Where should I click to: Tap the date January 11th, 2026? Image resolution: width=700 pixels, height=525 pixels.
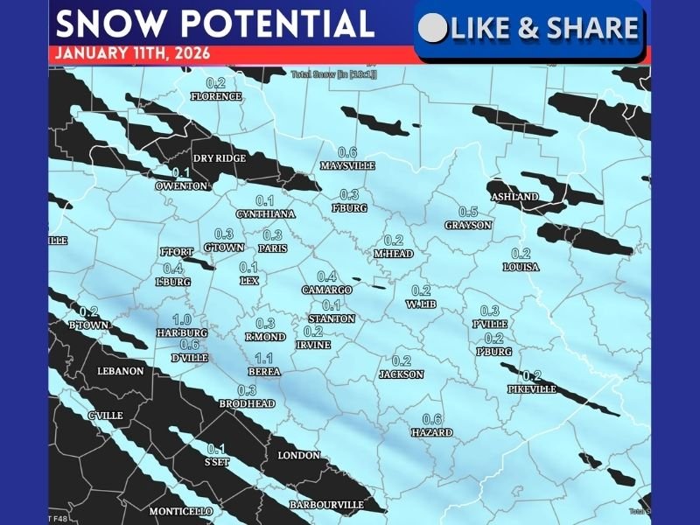point(131,52)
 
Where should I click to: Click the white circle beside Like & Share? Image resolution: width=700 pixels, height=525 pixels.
point(432,29)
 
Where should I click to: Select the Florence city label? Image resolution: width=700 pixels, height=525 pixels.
point(215,96)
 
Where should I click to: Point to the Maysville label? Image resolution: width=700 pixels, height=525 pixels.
point(347,165)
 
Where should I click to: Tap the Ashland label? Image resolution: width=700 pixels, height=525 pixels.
point(514,197)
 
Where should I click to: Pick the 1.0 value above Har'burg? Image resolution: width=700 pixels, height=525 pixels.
point(182,319)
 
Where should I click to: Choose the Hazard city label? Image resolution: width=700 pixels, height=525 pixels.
point(432,432)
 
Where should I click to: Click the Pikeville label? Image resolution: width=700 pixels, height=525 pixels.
point(532,389)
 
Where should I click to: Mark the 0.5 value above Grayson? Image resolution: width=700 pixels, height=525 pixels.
point(468,212)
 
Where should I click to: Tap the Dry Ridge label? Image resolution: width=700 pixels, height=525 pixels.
point(220,158)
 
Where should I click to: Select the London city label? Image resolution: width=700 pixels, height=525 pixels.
point(298,456)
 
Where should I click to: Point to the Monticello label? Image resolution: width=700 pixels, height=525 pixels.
point(180,511)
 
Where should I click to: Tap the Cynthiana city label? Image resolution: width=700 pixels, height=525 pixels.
point(265,214)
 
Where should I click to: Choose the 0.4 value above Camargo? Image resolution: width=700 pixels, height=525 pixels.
point(326,276)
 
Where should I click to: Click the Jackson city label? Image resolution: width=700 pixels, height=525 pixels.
point(401,374)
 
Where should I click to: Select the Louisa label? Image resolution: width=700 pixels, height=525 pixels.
point(521,267)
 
